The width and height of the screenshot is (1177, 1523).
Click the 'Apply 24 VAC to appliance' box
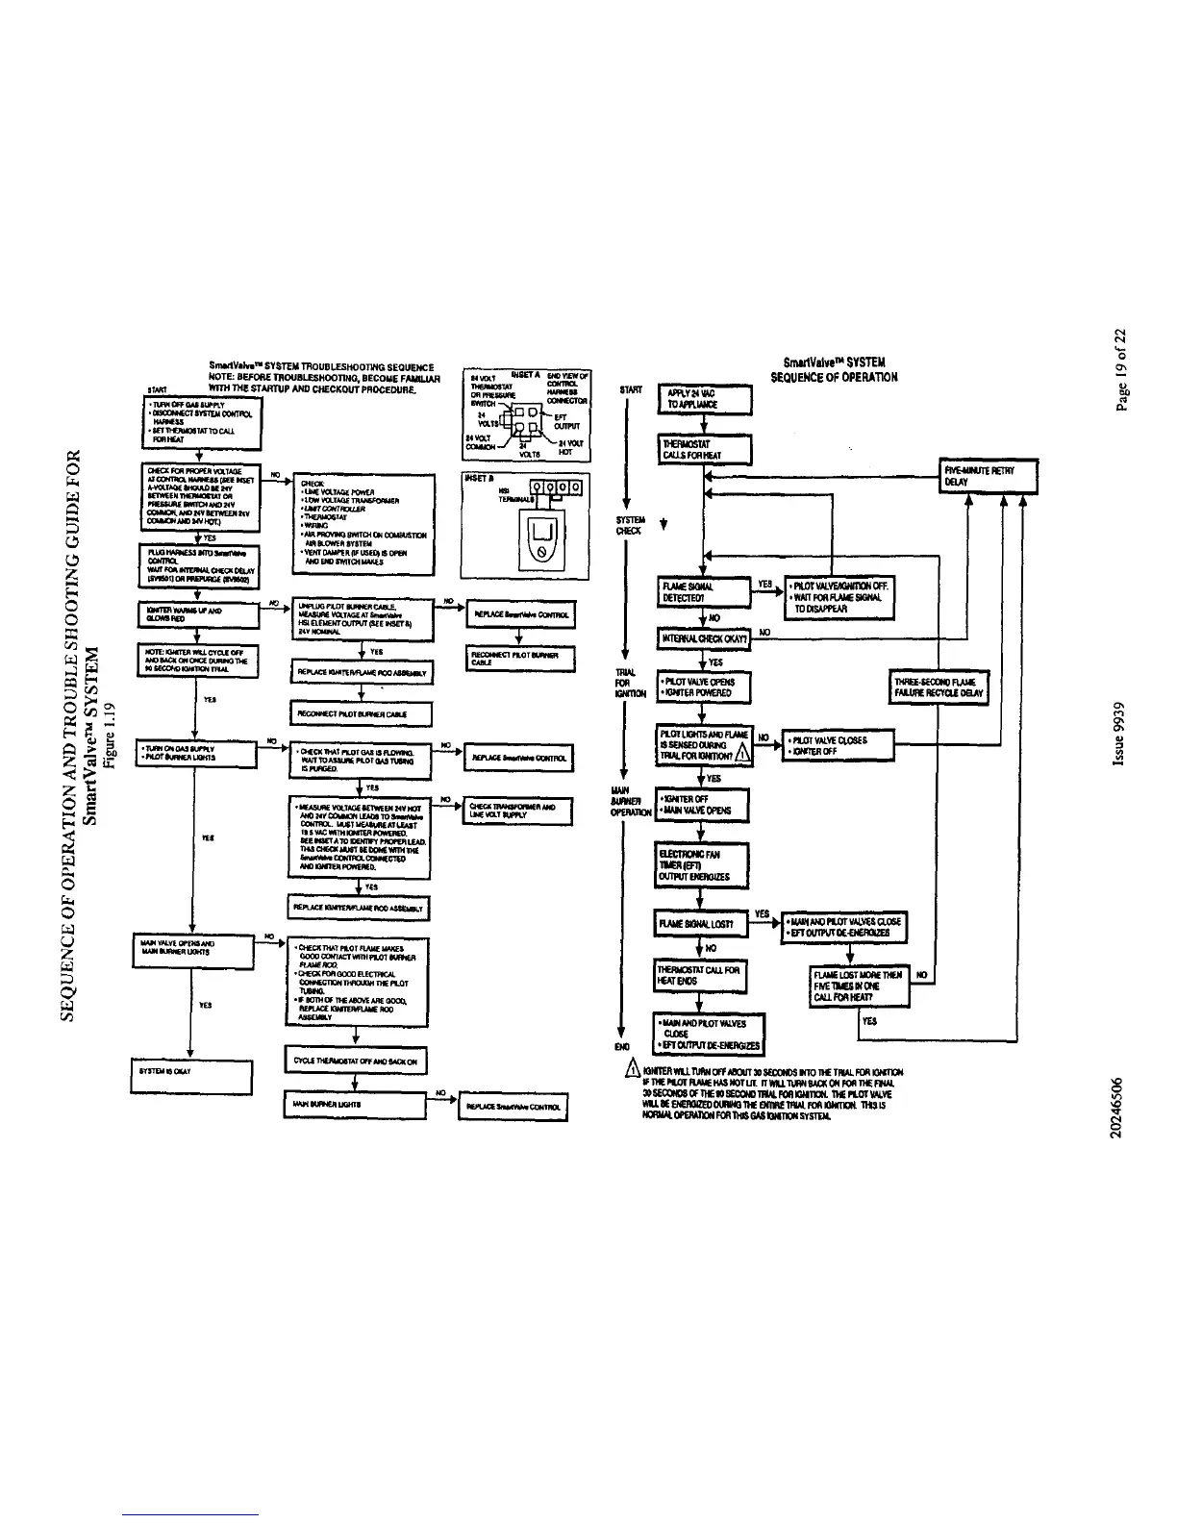(703, 399)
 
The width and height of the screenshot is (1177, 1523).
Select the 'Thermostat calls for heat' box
(703, 450)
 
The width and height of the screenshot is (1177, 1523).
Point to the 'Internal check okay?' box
(702, 639)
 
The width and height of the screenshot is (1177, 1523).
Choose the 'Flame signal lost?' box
(702, 924)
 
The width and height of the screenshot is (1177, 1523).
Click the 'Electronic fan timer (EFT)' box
(701, 864)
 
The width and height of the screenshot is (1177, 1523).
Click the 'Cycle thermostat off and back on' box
(357, 1061)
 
